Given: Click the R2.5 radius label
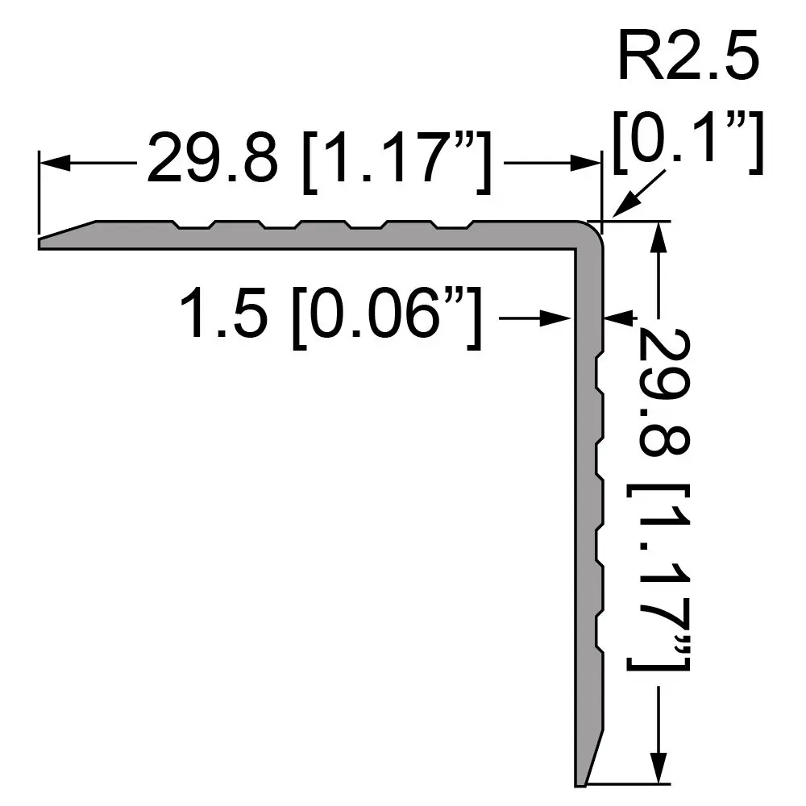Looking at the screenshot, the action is click(x=688, y=55).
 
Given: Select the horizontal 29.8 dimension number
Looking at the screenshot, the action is click(x=212, y=157).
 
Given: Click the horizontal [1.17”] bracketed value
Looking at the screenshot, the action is click(x=397, y=161).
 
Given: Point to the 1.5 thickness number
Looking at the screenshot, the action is click(x=224, y=312).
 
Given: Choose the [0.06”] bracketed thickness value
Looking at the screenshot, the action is click(x=387, y=317).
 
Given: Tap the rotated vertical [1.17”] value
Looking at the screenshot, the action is click(x=658, y=577).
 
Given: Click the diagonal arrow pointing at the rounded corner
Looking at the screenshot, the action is click(x=638, y=194).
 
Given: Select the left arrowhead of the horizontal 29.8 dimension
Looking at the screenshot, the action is click(x=55, y=163).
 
